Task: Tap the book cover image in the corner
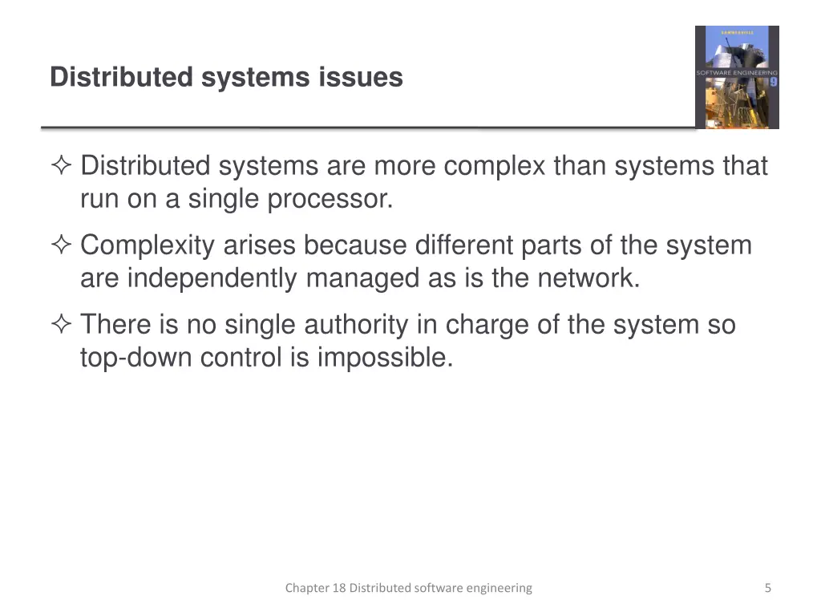coord(736,77)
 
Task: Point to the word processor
coord(330,199)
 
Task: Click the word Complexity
coord(148,245)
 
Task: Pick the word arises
coord(259,245)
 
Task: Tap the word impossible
coord(386,358)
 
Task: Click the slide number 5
coord(767,588)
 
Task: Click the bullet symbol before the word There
coord(61,326)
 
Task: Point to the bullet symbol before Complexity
coord(61,246)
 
